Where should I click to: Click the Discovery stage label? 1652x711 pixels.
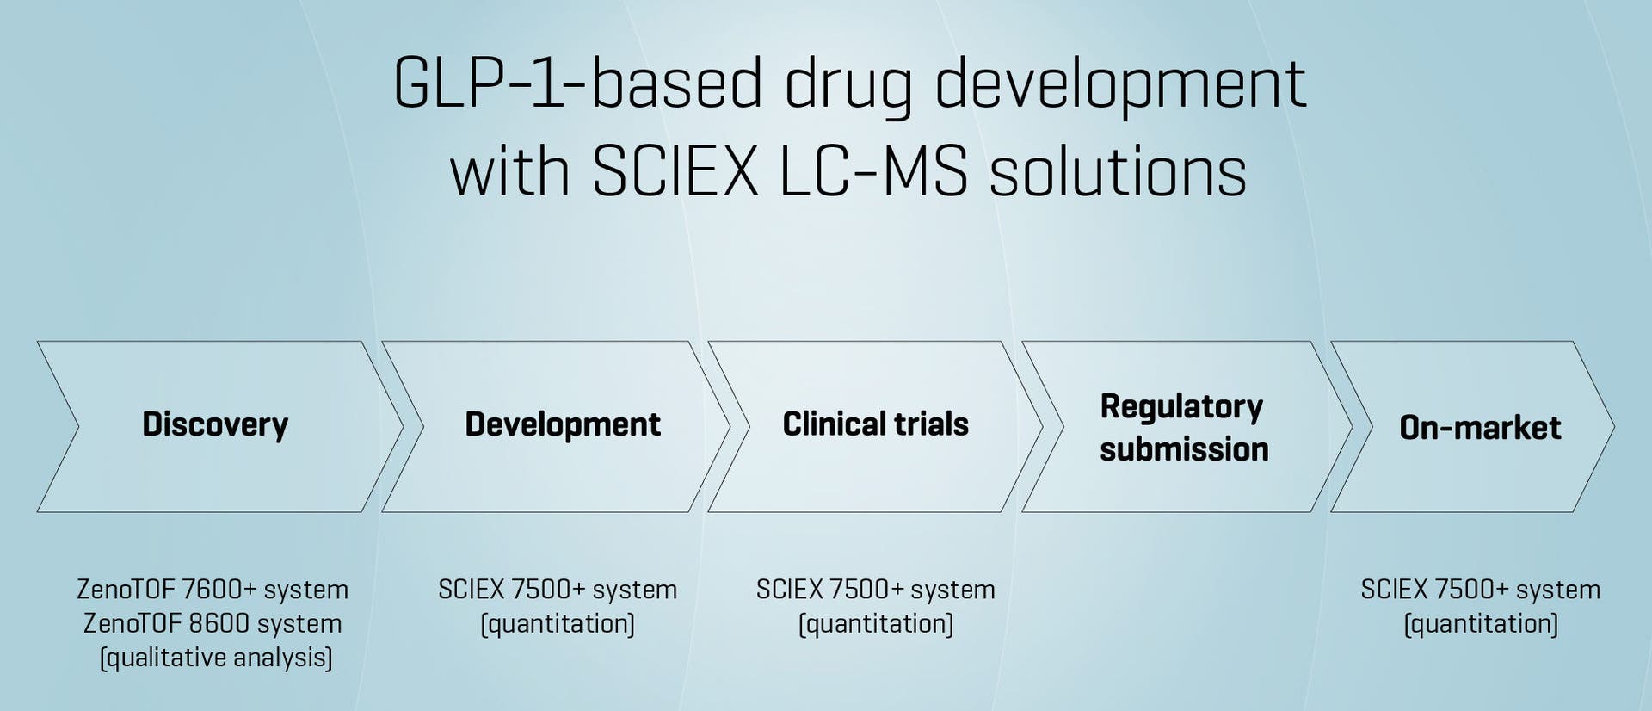click(x=215, y=424)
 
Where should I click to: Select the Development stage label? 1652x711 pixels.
click(x=563, y=424)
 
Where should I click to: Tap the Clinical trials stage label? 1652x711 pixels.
click(x=875, y=424)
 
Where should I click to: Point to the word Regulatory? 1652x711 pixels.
click(x=1181, y=406)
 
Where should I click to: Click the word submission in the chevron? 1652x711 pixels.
click(x=1184, y=449)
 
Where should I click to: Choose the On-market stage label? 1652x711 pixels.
click(x=1480, y=428)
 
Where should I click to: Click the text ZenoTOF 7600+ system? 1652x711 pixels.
click(x=213, y=590)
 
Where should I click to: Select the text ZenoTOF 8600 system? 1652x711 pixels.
click(x=213, y=623)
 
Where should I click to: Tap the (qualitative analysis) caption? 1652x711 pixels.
click(x=216, y=658)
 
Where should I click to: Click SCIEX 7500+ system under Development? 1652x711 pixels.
click(x=558, y=590)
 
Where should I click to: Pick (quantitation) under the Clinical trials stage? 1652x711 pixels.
click(x=876, y=623)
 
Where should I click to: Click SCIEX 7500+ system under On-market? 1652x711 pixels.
click(x=1480, y=590)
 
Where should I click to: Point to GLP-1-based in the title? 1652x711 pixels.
click(x=577, y=83)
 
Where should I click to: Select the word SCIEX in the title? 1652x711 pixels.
click(x=675, y=171)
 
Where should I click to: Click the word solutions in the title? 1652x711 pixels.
click(x=1118, y=171)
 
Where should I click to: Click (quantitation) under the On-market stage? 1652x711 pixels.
click(x=1481, y=623)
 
